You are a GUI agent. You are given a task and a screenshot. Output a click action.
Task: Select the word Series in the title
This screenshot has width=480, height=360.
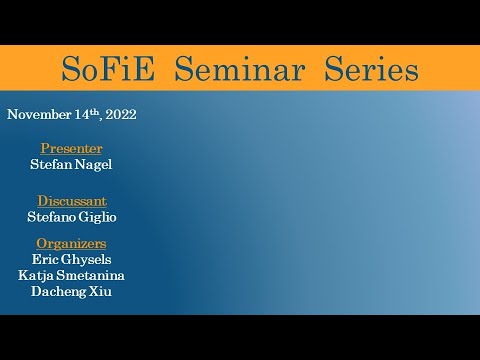click(x=371, y=70)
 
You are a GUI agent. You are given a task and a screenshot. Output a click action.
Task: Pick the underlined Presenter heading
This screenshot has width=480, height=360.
click(x=71, y=148)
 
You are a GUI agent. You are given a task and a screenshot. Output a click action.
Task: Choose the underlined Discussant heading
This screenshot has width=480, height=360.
click(x=71, y=200)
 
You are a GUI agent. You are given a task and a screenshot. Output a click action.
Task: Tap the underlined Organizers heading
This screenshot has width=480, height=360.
click(x=71, y=243)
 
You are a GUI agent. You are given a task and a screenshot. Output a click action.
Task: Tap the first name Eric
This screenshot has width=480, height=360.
click(x=46, y=258)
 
